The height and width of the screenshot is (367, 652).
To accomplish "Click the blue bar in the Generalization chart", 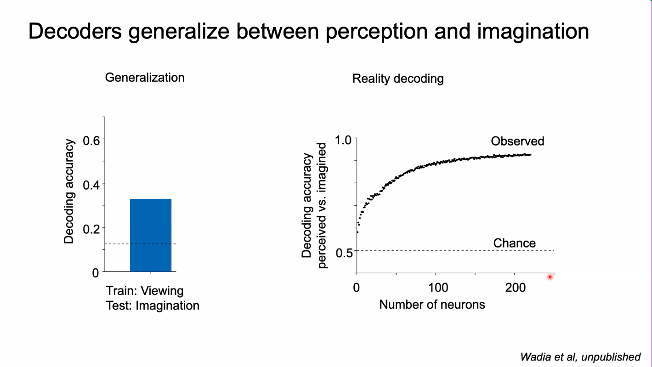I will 151,235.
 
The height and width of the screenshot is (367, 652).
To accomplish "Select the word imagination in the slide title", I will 533,31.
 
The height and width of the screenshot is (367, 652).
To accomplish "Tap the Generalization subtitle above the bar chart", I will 145,77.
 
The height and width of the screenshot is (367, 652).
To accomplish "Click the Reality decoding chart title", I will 398,79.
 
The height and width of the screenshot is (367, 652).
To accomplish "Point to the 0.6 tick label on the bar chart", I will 91,140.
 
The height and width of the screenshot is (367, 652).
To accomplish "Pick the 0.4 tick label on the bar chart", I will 91,184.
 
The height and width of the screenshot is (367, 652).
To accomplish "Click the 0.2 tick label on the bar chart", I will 91,228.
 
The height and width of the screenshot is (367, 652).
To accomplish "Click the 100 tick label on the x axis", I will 438,288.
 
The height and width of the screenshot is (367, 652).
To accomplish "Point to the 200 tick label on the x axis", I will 516,288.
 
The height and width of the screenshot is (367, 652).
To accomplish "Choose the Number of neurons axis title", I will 432,304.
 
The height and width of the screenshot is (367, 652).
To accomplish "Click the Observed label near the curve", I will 517,141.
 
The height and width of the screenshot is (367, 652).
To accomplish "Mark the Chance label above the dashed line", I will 514,243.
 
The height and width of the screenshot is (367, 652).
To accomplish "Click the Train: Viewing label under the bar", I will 145,291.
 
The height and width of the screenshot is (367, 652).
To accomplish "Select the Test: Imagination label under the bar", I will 153,305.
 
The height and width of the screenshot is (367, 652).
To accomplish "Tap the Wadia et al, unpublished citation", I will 580,357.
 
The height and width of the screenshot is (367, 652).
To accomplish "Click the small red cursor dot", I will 550,277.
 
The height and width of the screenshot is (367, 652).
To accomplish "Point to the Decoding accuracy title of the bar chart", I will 69,192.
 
